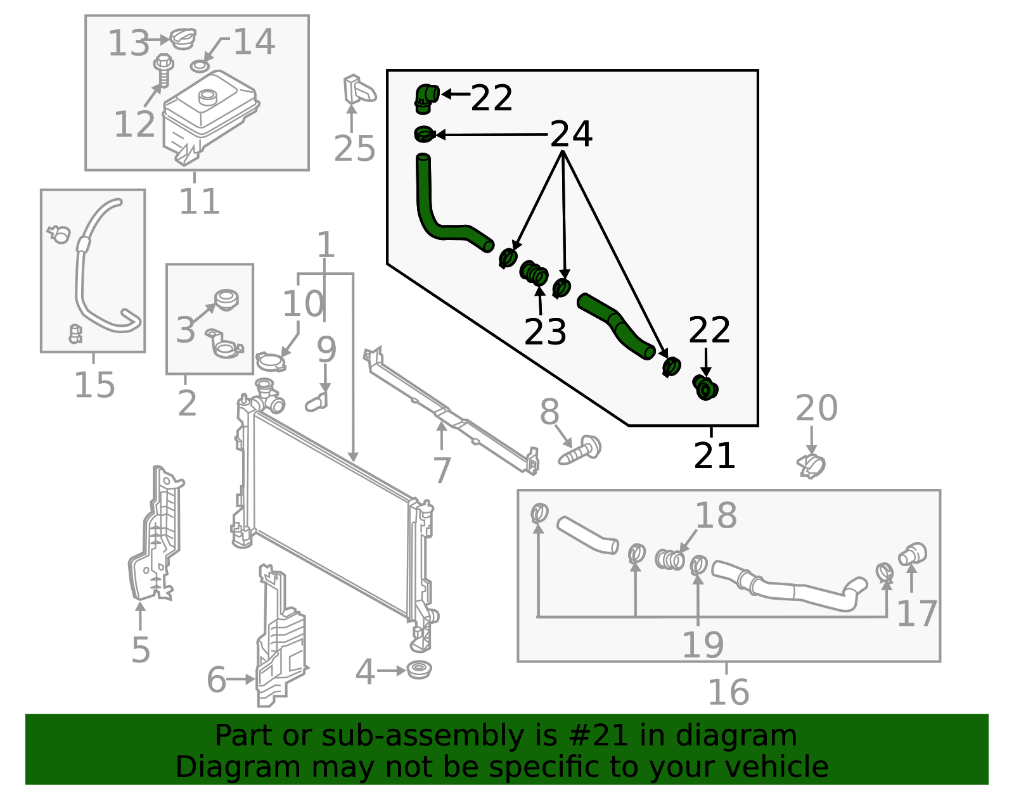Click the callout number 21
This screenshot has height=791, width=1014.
click(714, 455)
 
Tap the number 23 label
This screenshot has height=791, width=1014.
click(545, 332)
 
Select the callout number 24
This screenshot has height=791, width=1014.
click(571, 134)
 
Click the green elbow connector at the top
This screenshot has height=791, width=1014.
click(427, 99)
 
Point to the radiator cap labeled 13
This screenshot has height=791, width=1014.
click(183, 38)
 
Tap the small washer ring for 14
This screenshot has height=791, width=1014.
click(200, 66)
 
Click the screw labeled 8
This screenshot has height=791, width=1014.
click(579, 450)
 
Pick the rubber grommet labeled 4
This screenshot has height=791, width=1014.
click(419, 669)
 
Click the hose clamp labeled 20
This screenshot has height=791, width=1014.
click(811, 466)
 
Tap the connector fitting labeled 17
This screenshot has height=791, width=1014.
click(912, 554)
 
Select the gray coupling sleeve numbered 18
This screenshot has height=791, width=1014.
click(670, 559)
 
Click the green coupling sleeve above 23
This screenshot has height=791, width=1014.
click(534, 273)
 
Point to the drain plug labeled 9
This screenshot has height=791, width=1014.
click(316, 402)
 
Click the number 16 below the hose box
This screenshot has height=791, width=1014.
click(728, 692)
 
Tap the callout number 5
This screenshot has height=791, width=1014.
click(141, 649)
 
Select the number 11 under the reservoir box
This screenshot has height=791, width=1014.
click(199, 201)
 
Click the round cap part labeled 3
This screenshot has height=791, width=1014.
click(226, 300)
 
